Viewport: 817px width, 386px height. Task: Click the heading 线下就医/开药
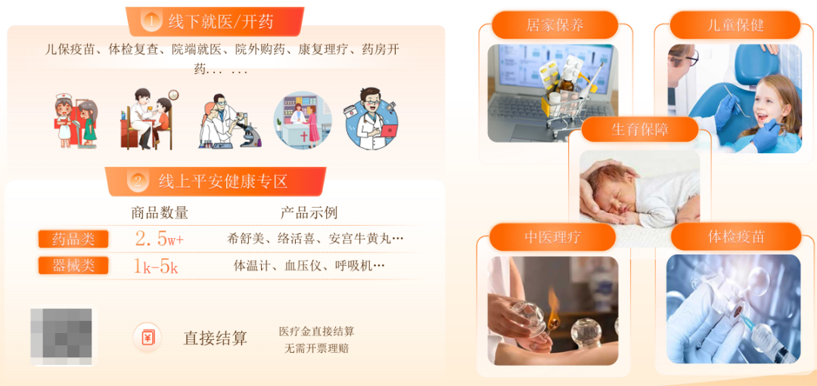pyautogui.click(x=221, y=21)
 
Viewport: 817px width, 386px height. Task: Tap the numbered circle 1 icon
pyautogui.click(x=151, y=21)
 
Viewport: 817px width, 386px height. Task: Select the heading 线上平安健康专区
pyautogui.click(x=223, y=181)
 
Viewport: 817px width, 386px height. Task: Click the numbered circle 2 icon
pyautogui.click(x=137, y=181)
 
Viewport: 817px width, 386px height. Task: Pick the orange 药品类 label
pyautogui.click(x=73, y=239)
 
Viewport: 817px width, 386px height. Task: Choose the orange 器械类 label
pyautogui.click(x=73, y=265)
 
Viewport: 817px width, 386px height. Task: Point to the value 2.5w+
pyautogui.click(x=159, y=239)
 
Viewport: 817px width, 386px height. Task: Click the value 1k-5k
pyautogui.click(x=156, y=266)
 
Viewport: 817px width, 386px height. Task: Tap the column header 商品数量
pyautogui.click(x=159, y=212)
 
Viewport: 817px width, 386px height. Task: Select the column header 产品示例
pyautogui.click(x=309, y=212)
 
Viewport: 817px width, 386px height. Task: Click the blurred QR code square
pyautogui.click(x=61, y=336)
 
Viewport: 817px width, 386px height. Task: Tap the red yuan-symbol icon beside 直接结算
pyautogui.click(x=147, y=337)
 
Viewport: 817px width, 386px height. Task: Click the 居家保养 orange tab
pyautogui.click(x=555, y=24)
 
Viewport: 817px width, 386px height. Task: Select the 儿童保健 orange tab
pyautogui.click(x=735, y=24)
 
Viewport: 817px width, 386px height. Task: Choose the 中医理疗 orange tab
pyautogui.click(x=552, y=236)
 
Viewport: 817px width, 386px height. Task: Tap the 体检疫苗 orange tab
pyautogui.click(x=735, y=236)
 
